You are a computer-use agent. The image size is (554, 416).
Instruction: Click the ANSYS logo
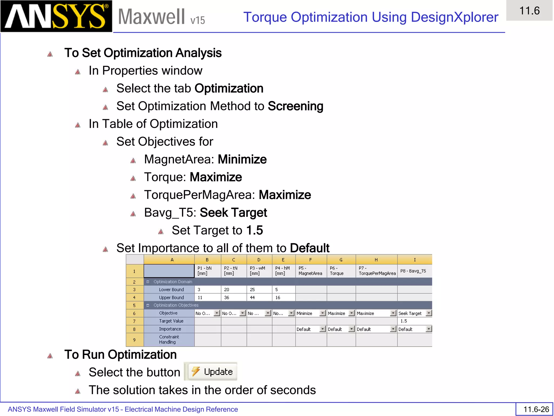[56, 16]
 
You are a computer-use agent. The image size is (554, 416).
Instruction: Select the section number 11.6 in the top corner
[529, 11]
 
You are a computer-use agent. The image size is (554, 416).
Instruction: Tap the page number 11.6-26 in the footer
[536, 409]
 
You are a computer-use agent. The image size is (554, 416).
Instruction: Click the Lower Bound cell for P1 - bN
[207, 290]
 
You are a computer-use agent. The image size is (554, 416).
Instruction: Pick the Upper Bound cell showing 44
[259, 297]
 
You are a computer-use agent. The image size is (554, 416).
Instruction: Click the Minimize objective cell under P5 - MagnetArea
[311, 313]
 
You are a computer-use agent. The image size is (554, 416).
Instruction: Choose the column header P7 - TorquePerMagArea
[376, 271]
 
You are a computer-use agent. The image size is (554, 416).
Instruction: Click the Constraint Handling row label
[169, 339]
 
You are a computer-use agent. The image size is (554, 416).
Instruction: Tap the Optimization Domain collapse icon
[148, 282]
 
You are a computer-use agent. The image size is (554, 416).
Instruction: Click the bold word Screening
[295, 106]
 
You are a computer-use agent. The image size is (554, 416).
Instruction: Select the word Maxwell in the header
[151, 17]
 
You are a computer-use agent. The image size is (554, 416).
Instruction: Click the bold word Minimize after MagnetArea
[242, 159]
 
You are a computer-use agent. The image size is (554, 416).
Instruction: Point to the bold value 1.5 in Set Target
[255, 230]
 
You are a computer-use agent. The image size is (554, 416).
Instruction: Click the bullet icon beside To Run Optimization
[50, 356]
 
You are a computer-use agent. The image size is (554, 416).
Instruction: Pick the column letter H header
[376, 260]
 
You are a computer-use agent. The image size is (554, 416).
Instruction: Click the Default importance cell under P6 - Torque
[341, 329]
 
